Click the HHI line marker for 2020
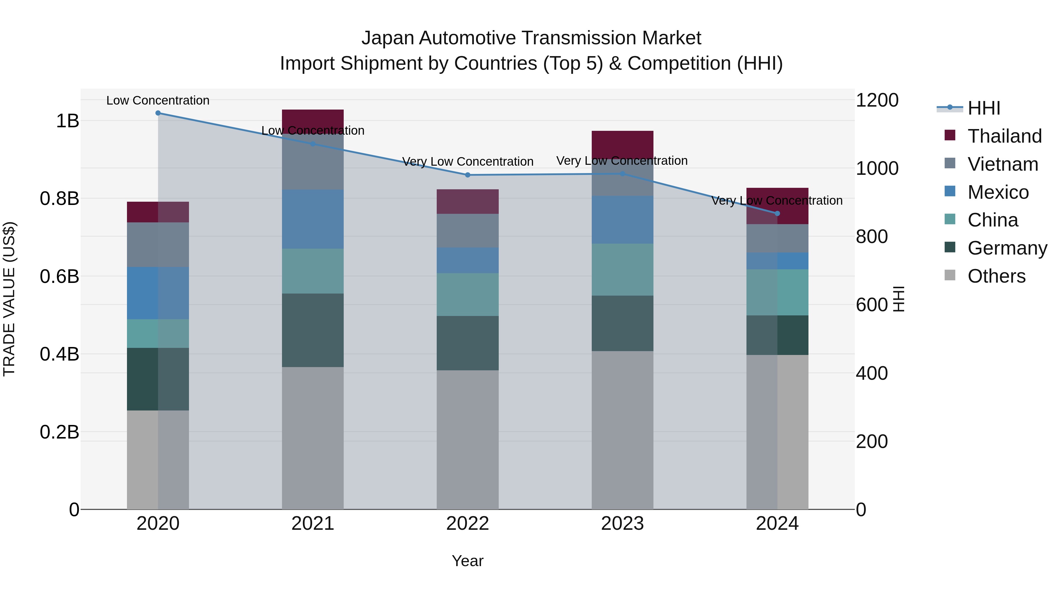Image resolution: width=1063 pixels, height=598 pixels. pyautogui.click(x=158, y=113)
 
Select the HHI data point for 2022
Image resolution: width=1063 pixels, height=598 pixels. pyautogui.click(x=467, y=175)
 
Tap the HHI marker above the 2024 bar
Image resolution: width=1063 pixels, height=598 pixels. pyautogui.click(x=777, y=214)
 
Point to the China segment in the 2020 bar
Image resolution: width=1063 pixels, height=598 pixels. pyautogui.click(x=158, y=333)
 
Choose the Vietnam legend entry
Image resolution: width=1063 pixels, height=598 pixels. pyautogui.click(x=1003, y=164)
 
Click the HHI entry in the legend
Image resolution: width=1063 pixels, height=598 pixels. pyautogui.click(x=984, y=108)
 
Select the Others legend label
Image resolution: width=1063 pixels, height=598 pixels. pyautogui.click(x=996, y=276)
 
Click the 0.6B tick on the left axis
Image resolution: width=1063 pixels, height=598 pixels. pyautogui.click(x=59, y=276)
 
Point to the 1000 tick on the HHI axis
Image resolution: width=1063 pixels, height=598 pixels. pyautogui.click(x=877, y=168)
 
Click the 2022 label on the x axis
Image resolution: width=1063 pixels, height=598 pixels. pyautogui.click(x=467, y=524)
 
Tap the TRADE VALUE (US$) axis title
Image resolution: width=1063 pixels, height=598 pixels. pyautogui.click(x=9, y=299)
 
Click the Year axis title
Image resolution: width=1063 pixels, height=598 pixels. pyautogui.click(x=467, y=561)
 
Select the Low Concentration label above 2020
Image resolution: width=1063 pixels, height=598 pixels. pyautogui.click(x=158, y=100)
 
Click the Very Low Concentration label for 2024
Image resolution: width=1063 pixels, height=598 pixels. pyautogui.click(x=777, y=201)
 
